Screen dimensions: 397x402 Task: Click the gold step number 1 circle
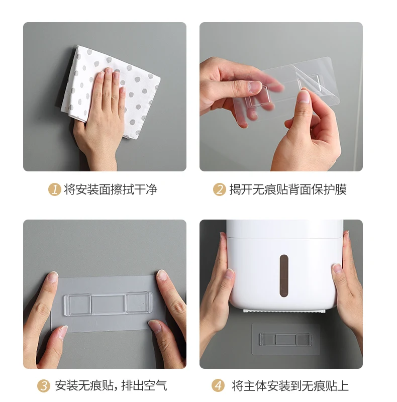click(55, 189)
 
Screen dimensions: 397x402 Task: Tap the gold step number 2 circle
click(220, 189)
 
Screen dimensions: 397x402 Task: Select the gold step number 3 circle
click(44, 385)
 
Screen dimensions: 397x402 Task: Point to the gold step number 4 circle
click(218, 385)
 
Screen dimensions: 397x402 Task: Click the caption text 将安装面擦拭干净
click(111, 189)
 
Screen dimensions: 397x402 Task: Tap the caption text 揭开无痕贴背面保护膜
click(288, 189)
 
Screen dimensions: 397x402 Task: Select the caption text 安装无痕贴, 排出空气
click(111, 385)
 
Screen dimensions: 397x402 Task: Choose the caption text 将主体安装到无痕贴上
click(290, 385)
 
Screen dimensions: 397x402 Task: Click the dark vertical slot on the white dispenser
click(284, 275)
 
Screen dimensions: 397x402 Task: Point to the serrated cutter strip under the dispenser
click(284, 311)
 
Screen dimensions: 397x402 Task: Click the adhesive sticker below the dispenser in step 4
click(285, 339)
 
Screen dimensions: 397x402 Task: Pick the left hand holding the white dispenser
click(217, 290)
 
